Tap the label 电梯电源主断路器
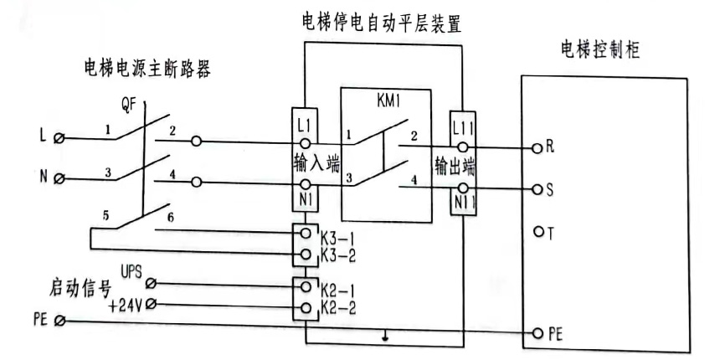[x=147, y=69]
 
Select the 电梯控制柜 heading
[x=600, y=49]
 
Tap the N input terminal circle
[x=58, y=179]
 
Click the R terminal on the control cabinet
[x=537, y=149]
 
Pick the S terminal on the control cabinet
[x=537, y=191]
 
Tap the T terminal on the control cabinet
[x=537, y=232]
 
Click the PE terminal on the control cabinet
[x=537, y=333]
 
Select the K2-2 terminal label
[x=341, y=307]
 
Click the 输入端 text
[x=316, y=162]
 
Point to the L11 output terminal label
[x=463, y=129]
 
